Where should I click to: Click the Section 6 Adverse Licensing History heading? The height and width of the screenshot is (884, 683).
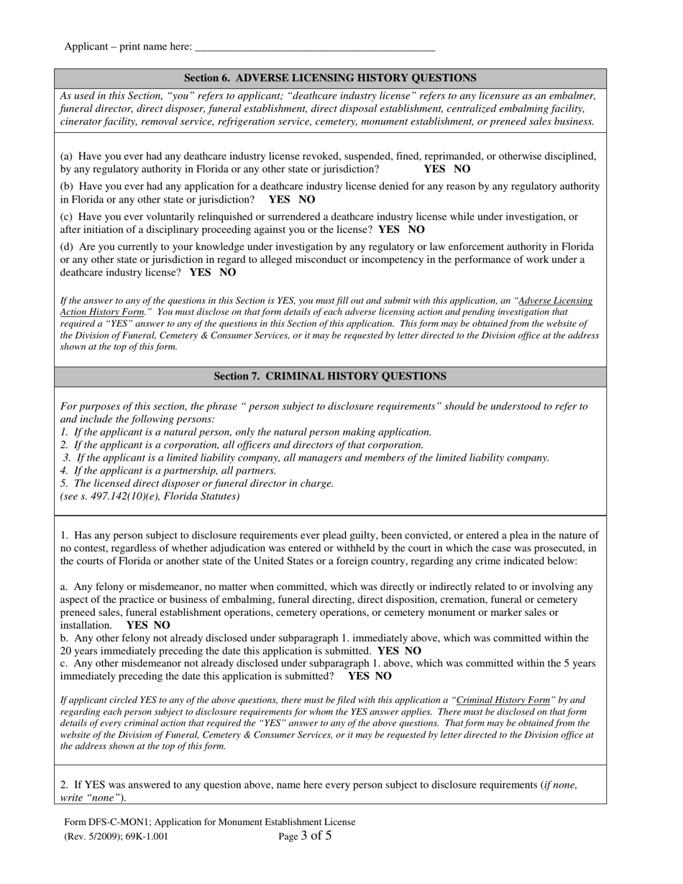tap(330, 78)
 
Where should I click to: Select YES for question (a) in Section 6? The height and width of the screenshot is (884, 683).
tap(435, 169)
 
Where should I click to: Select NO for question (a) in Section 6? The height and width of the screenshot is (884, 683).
tap(462, 169)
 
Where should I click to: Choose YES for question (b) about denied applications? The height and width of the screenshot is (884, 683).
tap(280, 199)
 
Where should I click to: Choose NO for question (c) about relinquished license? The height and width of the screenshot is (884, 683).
tap(416, 229)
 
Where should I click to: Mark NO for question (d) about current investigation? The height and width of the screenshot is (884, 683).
tap(227, 272)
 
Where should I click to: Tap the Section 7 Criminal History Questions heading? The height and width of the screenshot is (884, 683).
tap(330, 376)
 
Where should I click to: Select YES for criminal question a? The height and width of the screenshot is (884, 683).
tap(137, 625)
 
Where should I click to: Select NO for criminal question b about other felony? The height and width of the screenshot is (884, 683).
tap(413, 650)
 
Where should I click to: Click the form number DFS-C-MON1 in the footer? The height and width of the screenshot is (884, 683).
tap(115, 822)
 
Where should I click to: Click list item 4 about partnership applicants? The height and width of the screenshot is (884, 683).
tap(168, 470)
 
